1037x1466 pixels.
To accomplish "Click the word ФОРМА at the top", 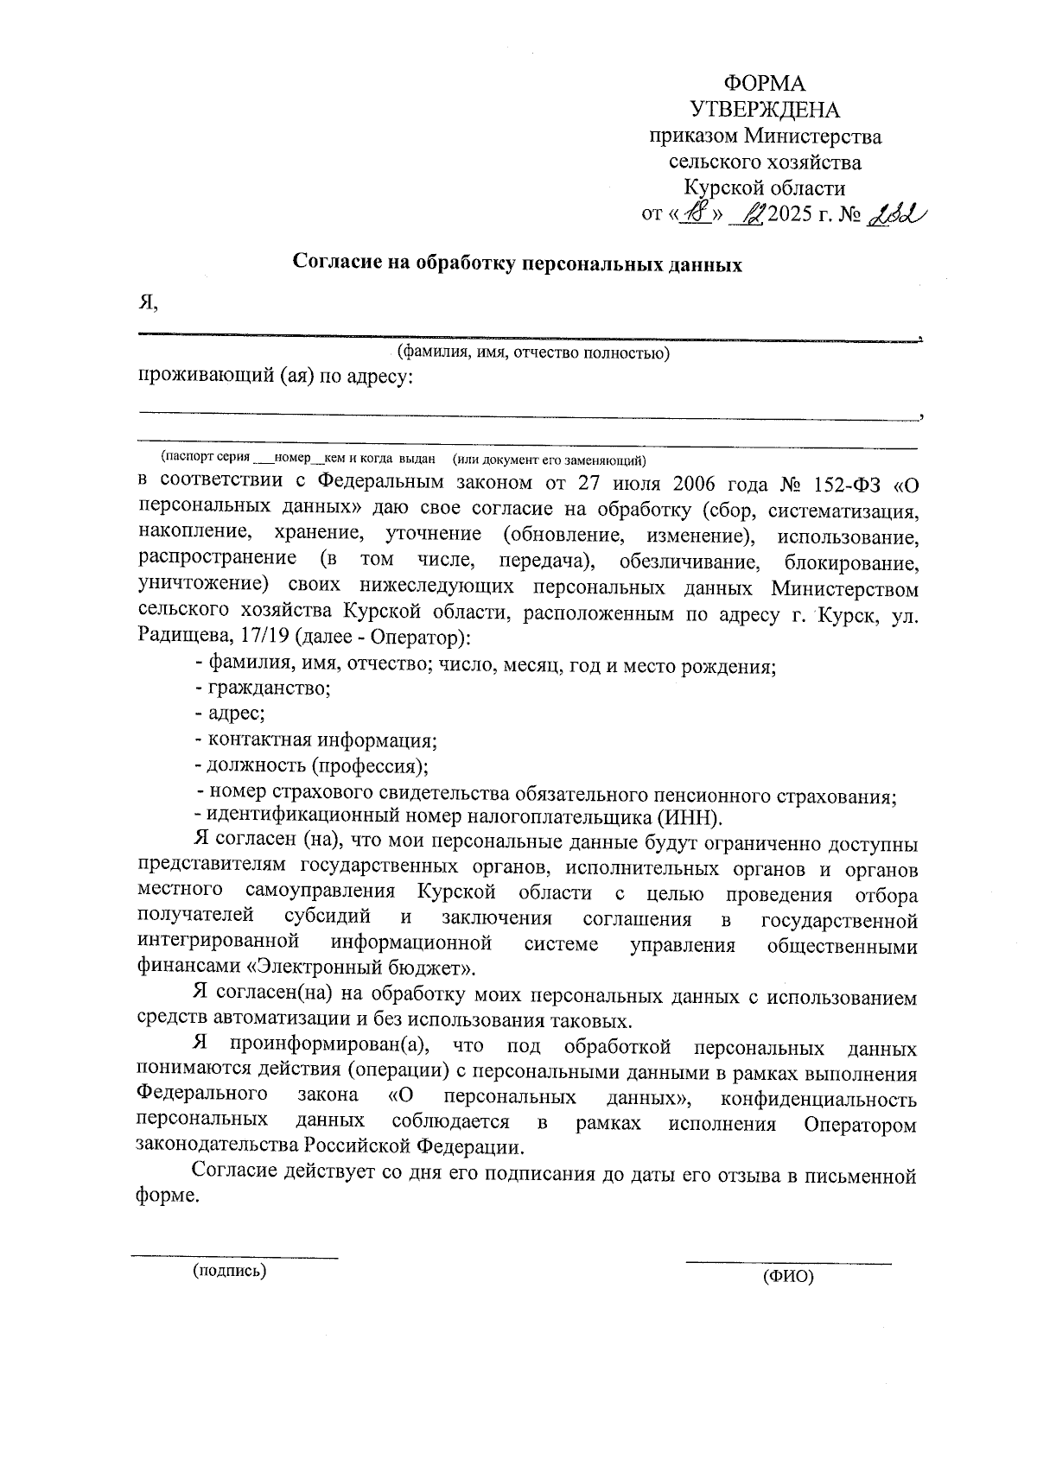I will click(764, 84).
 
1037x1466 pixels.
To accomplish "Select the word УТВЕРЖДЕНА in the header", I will click(765, 110).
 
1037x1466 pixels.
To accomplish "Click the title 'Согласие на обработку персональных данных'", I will click(518, 263).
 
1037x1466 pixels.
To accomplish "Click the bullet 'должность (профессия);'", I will click(312, 766).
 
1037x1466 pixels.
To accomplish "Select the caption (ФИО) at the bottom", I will click(787, 1277).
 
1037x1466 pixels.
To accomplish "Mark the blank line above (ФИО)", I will click(787, 1264).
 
